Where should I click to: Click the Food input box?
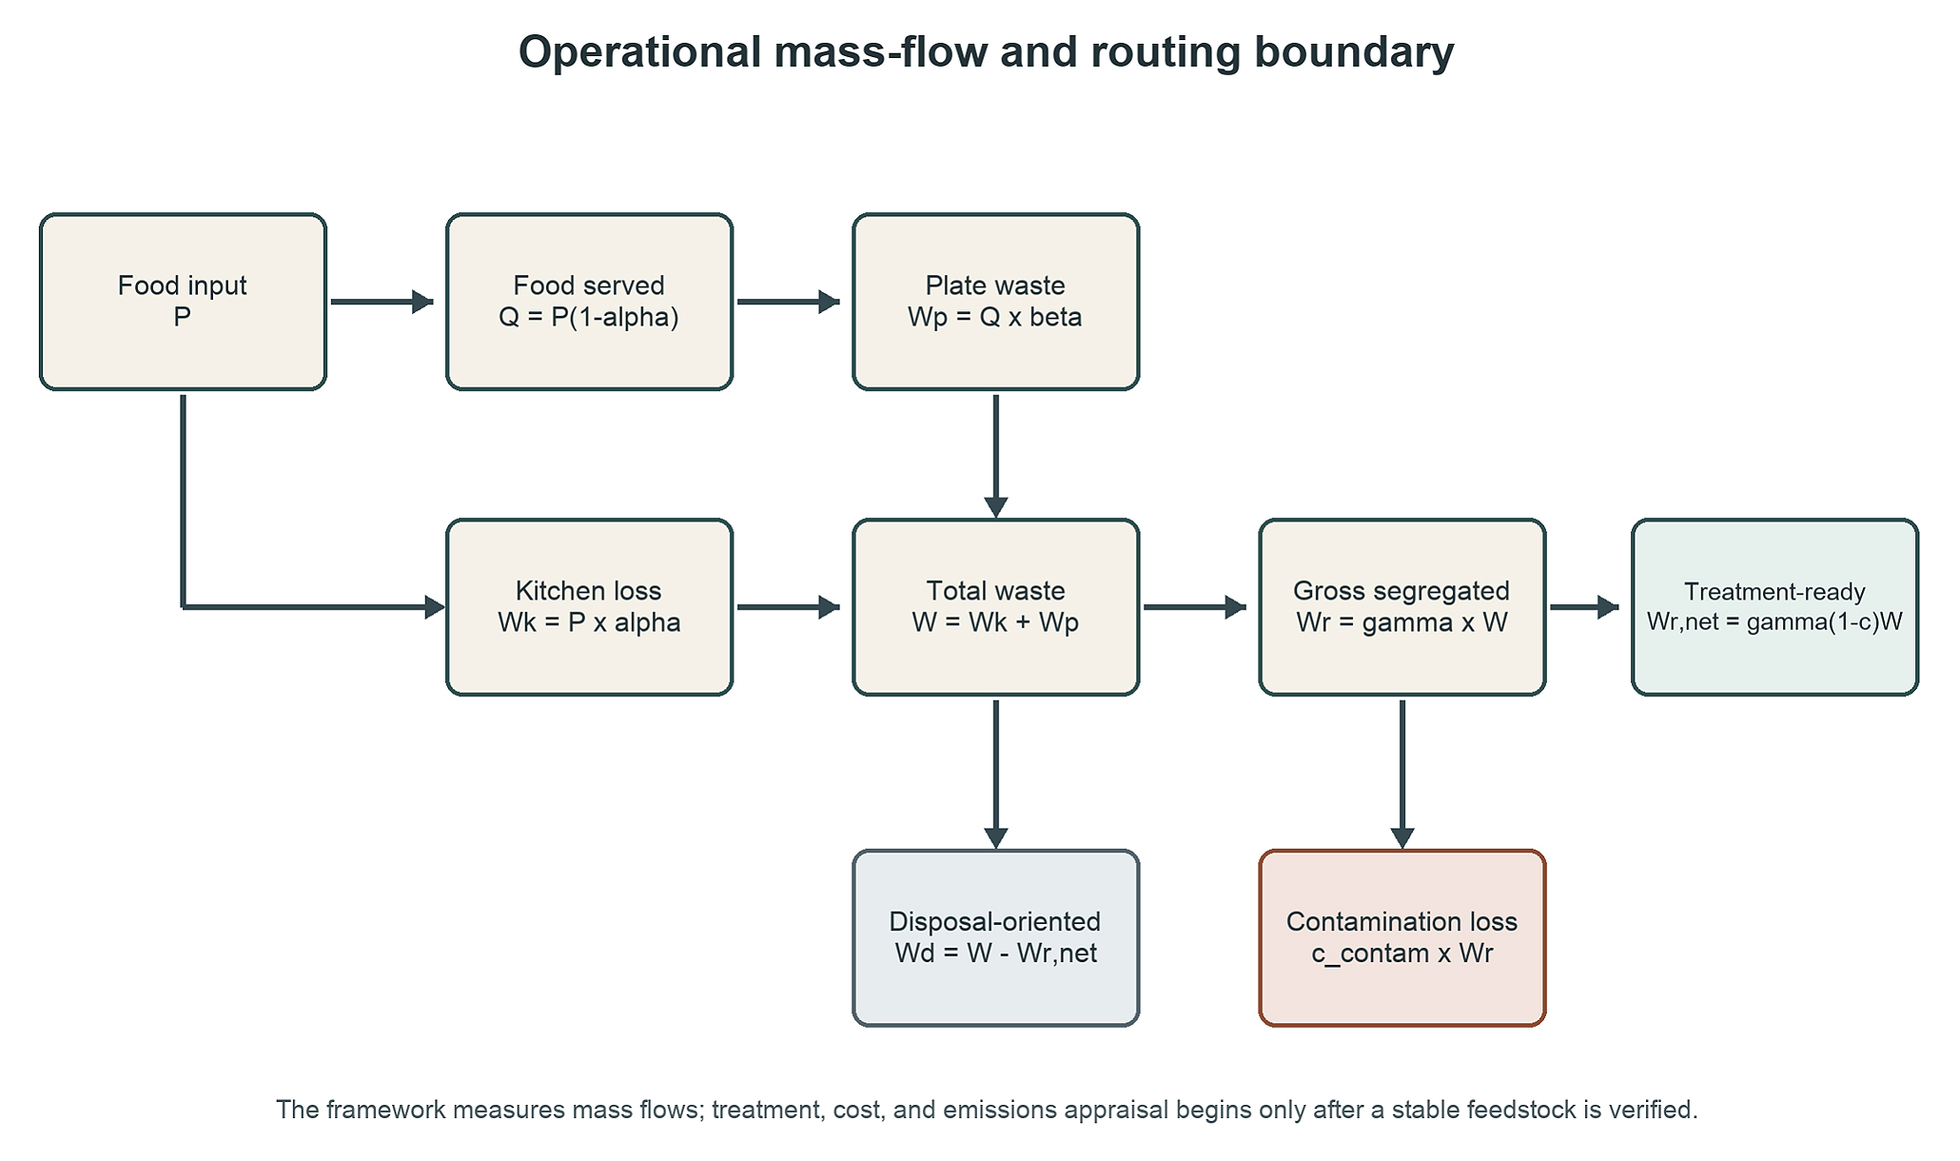[183, 302]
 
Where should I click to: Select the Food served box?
[590, 302]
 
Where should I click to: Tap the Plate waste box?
[996, 302]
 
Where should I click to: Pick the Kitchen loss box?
[590, 607]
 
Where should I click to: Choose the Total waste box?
[996, 607]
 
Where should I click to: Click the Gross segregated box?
[1402, 607]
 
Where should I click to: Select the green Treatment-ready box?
[1775, 607]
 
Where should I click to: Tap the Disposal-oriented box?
[996, 938]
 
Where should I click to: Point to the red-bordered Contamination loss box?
[1402, 938]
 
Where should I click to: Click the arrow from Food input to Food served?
[382, 302]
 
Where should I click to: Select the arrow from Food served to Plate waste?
[789, 302]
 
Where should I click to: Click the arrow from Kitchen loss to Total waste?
[789, 607]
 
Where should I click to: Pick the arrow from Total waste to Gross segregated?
[1195, 607]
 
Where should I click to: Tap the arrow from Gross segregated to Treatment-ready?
[1585, 607]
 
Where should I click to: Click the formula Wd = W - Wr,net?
[996, 954]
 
